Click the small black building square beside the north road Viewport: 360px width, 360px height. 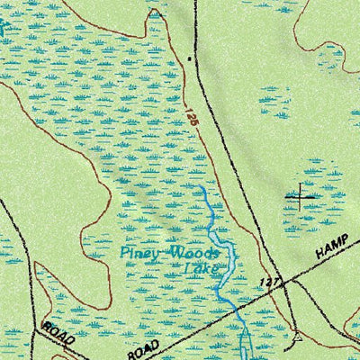pyautogui.click(x=188, y=58)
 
